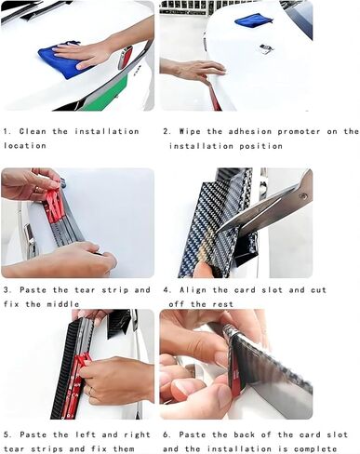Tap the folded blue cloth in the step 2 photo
(x=254, y=20)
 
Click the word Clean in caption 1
(x=33, y=131)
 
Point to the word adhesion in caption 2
(x=250, y=131)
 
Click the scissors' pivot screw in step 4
(x=303, y=195)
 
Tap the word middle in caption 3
(x=63, y=304)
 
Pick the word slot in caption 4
(x=272, y=290)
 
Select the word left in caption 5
(x=86, y=434)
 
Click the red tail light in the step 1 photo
(x=125, y=58)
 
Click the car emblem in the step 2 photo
(x=267, y=49)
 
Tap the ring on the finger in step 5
(x=90, y=391)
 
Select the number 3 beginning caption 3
(x=6, y=290)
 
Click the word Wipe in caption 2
(x=190, y=131)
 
